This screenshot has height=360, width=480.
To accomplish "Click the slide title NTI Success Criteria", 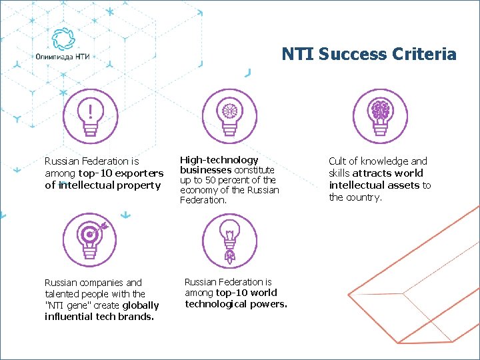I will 369,54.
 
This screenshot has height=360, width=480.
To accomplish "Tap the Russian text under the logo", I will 63,57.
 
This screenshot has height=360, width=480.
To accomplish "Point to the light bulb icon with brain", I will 379,115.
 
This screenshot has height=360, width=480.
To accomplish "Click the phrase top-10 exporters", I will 121,173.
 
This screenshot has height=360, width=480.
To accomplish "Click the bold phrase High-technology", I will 219,160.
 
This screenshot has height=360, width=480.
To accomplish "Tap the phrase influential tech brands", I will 99,317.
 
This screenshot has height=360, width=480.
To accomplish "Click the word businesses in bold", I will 206,170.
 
